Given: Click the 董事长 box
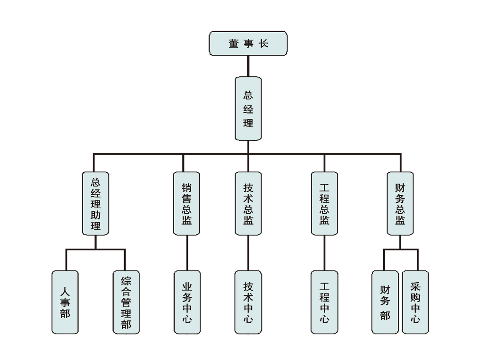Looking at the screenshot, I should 248,43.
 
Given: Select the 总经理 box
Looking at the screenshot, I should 248,109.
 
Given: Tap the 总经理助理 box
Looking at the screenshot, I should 95,203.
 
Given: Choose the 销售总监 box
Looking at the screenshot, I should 186,203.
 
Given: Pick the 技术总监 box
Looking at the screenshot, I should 248,203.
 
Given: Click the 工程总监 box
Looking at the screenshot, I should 324,203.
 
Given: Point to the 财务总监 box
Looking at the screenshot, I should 400,203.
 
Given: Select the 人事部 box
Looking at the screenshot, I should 65,302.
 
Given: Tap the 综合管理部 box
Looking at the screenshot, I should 126,302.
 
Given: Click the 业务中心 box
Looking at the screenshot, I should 186,302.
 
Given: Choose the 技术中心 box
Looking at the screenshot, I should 248,302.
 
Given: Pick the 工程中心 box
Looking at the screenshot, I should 324,302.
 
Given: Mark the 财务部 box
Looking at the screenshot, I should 385,302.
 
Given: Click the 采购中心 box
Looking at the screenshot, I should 415,302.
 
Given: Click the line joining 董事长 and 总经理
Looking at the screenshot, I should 248,66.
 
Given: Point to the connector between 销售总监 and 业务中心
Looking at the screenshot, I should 186,253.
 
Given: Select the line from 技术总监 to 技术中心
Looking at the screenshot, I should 248,253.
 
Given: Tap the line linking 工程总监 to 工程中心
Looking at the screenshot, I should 324,253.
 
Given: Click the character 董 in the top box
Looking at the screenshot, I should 234,43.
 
